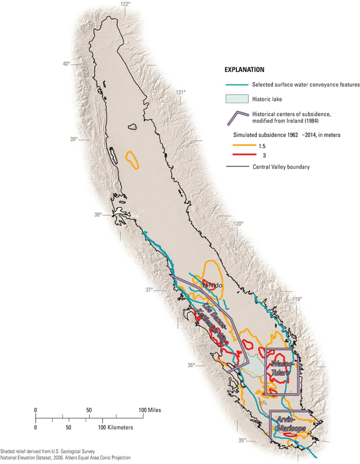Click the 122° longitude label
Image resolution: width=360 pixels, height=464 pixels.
(x=125, y=4)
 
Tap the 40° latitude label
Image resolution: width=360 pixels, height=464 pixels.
(x=66, y=64)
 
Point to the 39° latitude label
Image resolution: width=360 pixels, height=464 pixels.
(x=73, y=139)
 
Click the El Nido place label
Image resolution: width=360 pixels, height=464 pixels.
(x=213, y=285)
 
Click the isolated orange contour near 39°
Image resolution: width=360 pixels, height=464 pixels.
(x=133, y=160)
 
